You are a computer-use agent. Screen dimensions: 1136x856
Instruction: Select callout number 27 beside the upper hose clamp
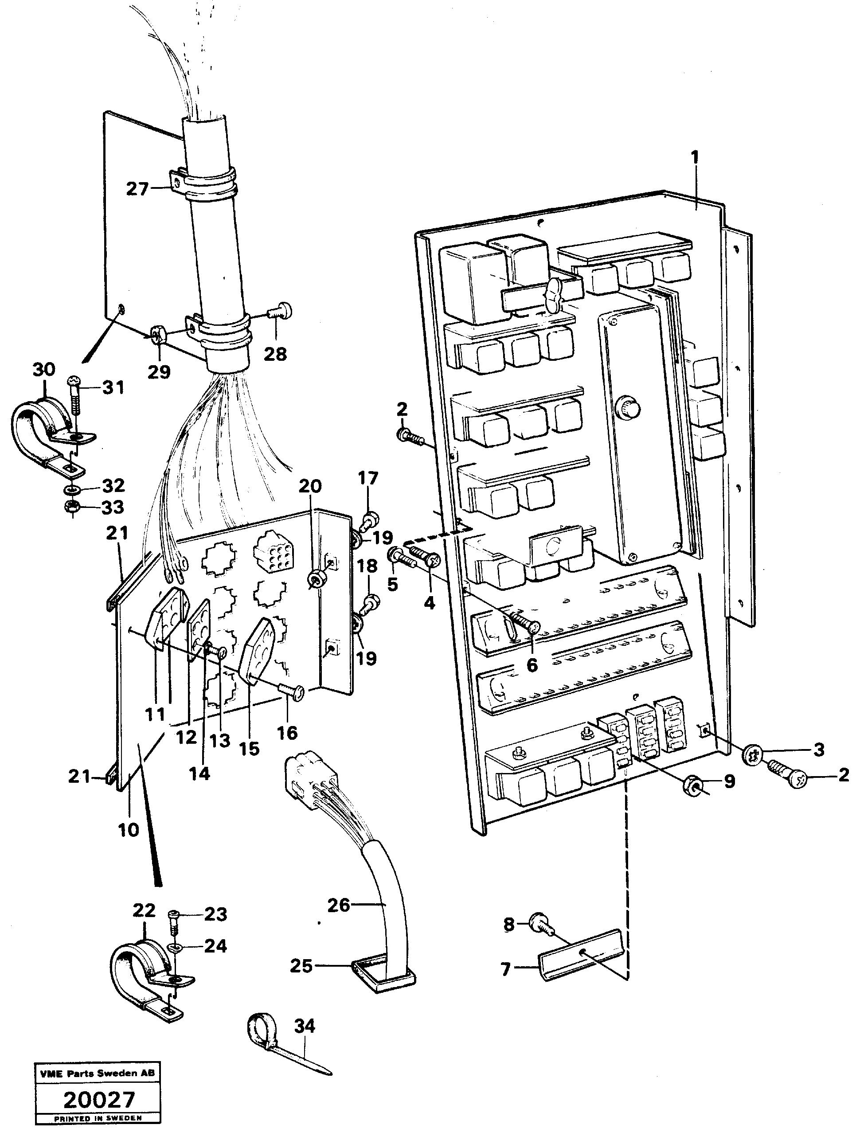137,190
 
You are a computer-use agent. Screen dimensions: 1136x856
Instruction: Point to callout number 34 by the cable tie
305,1027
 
